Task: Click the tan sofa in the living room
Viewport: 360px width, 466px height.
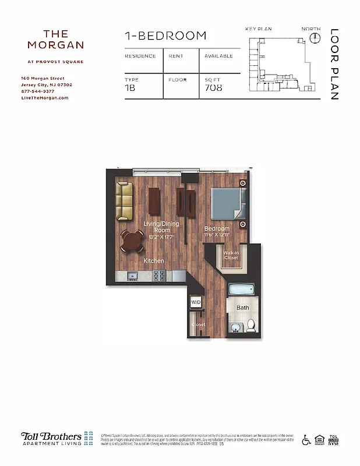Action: (x=124, y=202)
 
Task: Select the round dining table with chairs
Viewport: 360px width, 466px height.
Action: (x=133, y=239)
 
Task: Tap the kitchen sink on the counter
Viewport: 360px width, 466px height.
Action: (x=132, y=275)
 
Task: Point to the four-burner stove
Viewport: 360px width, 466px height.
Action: (x=158, y=275)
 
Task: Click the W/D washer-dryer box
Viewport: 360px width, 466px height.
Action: (x=196, y=302)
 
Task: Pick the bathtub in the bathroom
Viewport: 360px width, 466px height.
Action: (x=239, y=290)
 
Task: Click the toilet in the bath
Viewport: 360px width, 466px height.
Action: (x=251, y=325)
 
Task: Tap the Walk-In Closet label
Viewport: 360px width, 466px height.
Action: (x=231, y=255)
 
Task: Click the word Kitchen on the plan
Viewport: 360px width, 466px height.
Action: (x=154, y=261)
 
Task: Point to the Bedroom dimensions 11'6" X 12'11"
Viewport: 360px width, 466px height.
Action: (x=217, y=235)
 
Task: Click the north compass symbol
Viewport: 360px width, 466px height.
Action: (x=315, y=38)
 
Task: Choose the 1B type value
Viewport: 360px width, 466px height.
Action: (x=131, y=89)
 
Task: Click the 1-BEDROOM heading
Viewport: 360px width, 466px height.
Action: (x=165, y=36)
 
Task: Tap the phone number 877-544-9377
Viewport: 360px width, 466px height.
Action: (x=37, y=91)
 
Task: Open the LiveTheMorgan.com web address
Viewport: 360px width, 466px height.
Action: (x=44, y=98)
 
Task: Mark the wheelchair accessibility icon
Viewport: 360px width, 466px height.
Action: (x=306, y=440)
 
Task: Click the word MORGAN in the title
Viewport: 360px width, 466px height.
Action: (x=56, y=45)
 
